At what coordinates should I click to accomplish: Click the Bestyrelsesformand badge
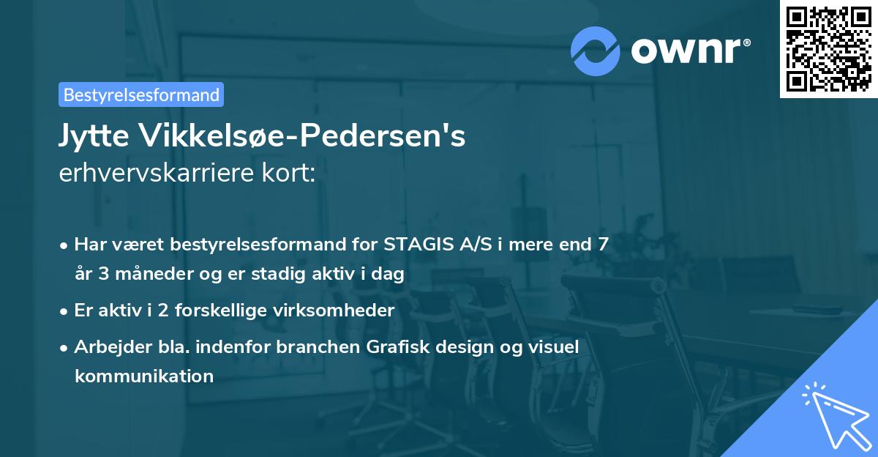coord(141,94)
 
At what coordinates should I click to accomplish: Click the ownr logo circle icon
coord(596,51)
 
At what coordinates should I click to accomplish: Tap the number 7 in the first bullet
coord(603,244)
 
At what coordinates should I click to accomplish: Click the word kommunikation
coord(144,376)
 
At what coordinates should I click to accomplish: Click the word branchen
coord(315,346)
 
